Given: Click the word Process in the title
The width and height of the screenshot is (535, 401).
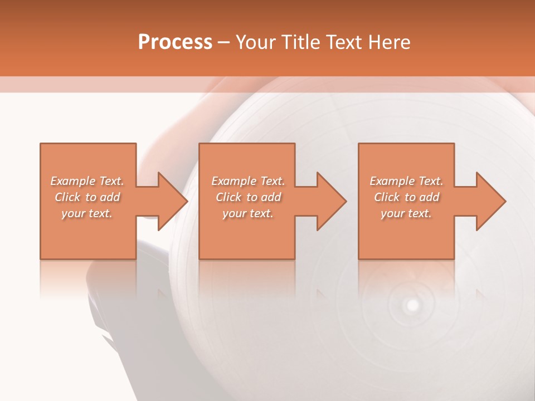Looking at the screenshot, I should point(175,42).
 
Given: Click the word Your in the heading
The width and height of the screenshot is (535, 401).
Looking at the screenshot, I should point(257,42).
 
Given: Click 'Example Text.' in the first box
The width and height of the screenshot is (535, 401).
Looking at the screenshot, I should point(87,181).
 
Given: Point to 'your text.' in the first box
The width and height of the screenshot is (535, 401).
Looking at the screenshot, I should point(87,213).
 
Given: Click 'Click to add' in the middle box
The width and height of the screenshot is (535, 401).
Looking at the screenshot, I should point(248,197).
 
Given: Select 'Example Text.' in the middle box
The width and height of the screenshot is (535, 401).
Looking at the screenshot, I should point(248,181).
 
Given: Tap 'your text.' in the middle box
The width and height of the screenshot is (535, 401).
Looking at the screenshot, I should point(248,213).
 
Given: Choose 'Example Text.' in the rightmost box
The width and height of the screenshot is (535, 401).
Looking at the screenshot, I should point(406,181).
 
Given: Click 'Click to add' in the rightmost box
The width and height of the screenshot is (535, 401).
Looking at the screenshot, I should point(406,197).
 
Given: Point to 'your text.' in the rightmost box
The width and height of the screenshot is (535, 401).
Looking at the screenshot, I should point(406,213).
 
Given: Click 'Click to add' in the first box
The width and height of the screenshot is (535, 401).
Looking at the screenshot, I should point(87,197).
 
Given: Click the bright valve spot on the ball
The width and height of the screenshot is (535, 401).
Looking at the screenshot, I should point(412,305).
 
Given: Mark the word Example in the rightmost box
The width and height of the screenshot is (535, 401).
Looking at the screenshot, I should point(392,181).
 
